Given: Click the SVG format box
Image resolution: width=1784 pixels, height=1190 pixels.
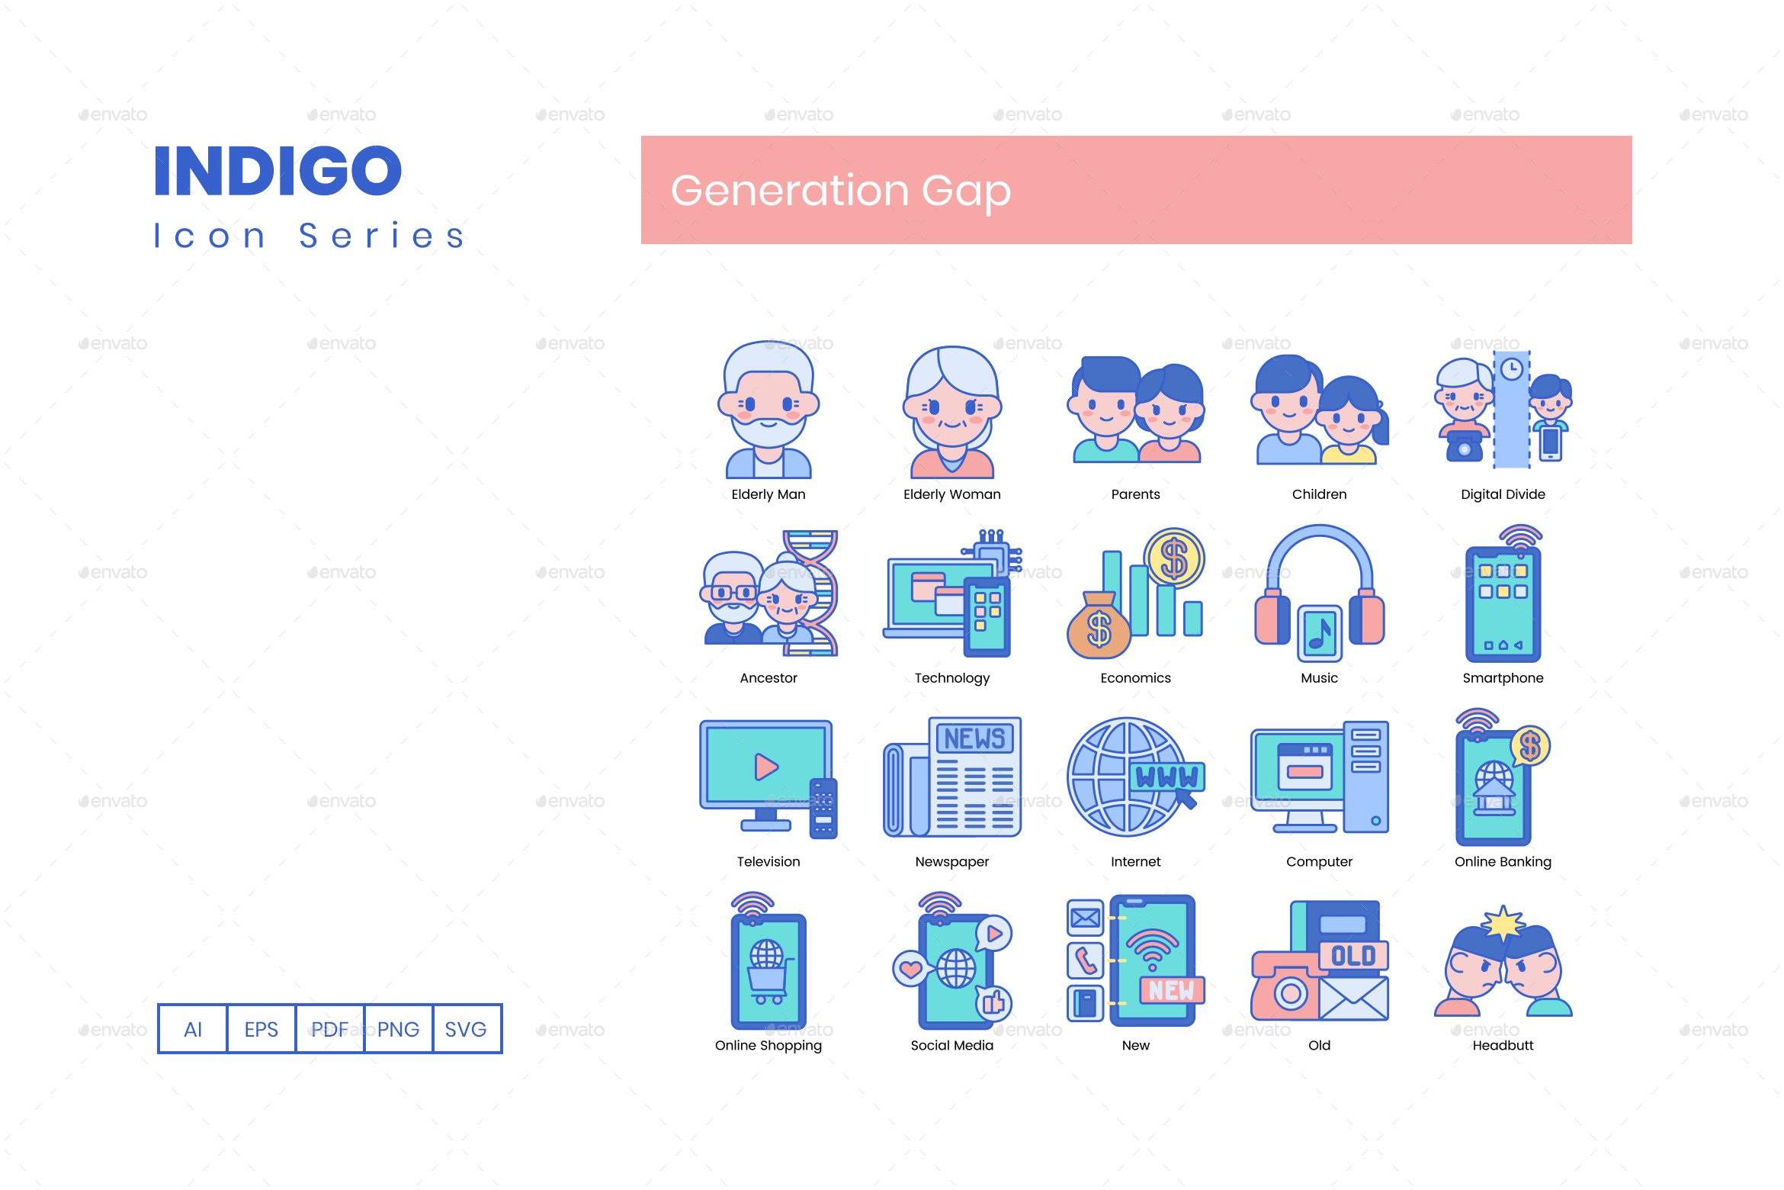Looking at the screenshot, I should (466, 1029).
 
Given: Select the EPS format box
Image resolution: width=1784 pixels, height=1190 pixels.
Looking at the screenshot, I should (261, 1029).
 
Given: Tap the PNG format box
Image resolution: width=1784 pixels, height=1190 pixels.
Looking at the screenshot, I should (398, 1029).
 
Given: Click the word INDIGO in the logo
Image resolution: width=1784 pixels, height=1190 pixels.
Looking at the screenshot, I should (278, 171).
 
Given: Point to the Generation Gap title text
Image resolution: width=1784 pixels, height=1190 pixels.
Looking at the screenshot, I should (840, 191).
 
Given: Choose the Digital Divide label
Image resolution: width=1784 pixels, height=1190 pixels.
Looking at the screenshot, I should (1503, 494).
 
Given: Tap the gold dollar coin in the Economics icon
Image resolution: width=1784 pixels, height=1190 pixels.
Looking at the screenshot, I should (1174, 558).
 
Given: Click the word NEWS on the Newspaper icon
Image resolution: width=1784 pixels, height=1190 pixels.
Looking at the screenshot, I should (974, 738).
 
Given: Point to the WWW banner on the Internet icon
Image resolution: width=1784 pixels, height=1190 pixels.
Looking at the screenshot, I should (1166, 777).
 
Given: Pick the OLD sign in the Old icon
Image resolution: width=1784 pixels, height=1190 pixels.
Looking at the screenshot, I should (1353, 956).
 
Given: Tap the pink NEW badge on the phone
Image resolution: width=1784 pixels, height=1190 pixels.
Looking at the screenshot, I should (1172, 990).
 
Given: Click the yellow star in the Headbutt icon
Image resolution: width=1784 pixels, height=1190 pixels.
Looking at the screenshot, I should (1503, 925).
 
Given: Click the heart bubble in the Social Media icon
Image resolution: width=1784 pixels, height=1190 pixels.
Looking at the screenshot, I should (910, 969).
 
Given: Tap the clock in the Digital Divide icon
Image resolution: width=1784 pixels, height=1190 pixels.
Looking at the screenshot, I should (1512, 370).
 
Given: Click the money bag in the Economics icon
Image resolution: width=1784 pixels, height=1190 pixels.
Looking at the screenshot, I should (1098, 628).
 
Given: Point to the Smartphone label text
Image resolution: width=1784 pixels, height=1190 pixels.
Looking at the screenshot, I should (1503, 678).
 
